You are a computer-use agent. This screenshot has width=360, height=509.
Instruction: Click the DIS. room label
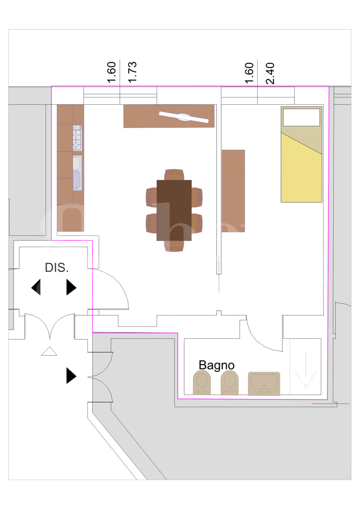(x=57, y=268)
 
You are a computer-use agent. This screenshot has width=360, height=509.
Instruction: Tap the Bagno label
(x=216, y=365)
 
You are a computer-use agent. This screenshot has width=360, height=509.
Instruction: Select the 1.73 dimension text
(x=132, y=72)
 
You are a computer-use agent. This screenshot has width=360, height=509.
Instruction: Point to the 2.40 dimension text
(x=270, y=73)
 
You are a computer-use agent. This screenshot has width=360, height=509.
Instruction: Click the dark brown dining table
(x=174, y=210)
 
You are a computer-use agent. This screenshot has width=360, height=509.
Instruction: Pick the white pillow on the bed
(x=301, y=117)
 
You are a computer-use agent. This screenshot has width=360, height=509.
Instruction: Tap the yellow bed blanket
(x=301, y=169)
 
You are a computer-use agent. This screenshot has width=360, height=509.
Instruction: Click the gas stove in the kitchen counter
(x=77, y=138)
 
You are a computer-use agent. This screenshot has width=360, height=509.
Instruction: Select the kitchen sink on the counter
(x=77, y=173)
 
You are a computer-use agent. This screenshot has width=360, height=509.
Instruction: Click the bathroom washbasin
(x=264, y=383)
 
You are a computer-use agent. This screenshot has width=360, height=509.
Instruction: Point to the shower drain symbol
(x=306, y=386)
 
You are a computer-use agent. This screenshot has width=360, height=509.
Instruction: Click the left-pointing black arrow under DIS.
(x=36, y=287)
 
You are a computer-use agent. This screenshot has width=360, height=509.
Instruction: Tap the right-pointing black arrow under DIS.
(x=71, y=287)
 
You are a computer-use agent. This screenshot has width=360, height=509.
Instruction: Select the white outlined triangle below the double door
(x=49, y=351)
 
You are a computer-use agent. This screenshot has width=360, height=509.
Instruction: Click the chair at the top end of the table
(x=174, y=175)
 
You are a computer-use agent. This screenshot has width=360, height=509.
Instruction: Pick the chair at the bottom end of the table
(x=174, y=246)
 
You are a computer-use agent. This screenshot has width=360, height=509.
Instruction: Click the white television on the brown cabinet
(x=183, y=117)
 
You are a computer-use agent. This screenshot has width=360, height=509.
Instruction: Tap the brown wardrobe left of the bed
(x=233, y=191)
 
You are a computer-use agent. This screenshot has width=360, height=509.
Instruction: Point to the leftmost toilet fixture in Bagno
(x=202, y=383)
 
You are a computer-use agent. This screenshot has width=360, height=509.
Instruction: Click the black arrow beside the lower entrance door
(x=71, y=376)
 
